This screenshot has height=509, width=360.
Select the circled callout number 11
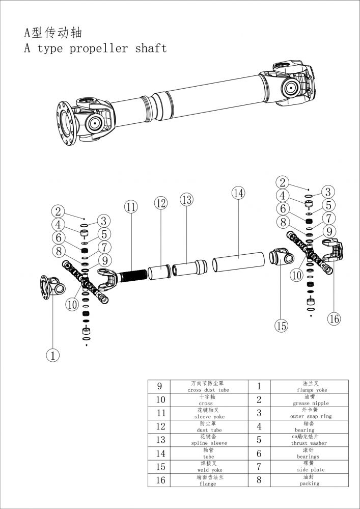(x=131, y=207)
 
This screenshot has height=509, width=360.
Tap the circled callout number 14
(x=238, y=193)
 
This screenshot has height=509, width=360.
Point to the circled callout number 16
(x=334, y=319)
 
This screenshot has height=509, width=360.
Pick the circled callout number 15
(x=282, y=326)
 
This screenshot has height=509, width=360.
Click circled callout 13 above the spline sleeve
(x=187, y=200)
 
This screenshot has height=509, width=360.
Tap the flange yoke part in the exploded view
(x=52, y=288)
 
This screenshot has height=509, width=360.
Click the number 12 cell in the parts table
(x=160, y=426)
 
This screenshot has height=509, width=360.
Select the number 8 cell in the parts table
(x=259, y=479)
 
